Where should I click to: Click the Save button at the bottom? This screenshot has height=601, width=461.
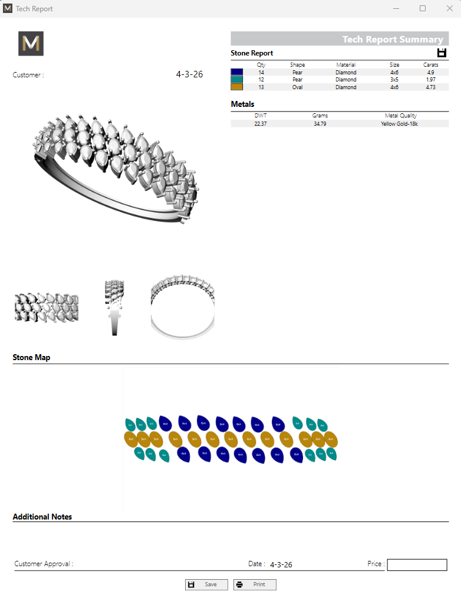click(206, 584)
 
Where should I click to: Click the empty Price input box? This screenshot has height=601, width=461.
click(417, 565)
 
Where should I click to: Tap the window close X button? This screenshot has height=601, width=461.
click(449, 8)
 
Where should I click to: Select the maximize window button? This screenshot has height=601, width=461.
click(423, 8)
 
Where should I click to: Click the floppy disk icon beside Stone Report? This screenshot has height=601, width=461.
click(442, 53)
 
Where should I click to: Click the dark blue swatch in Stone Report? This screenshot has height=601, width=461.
click(236, 72)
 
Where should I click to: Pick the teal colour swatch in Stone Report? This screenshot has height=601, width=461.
click(236, 80)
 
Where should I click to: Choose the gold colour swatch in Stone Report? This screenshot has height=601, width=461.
click(236, 87)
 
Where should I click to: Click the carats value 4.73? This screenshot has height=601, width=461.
click(430, 87)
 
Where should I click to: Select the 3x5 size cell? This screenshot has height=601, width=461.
click(394, 80)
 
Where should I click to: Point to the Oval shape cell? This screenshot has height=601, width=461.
click(297, 87)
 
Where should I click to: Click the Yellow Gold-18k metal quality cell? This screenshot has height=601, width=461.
click(399, 124)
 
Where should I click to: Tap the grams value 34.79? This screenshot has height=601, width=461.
click(320, 124)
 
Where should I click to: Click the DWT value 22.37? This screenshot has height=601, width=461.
click(261, 124)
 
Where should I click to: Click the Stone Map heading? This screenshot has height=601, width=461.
click(31, 357)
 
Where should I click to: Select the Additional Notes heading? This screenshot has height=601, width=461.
click(42, 517)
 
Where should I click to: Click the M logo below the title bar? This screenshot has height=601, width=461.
click(31, 44)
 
